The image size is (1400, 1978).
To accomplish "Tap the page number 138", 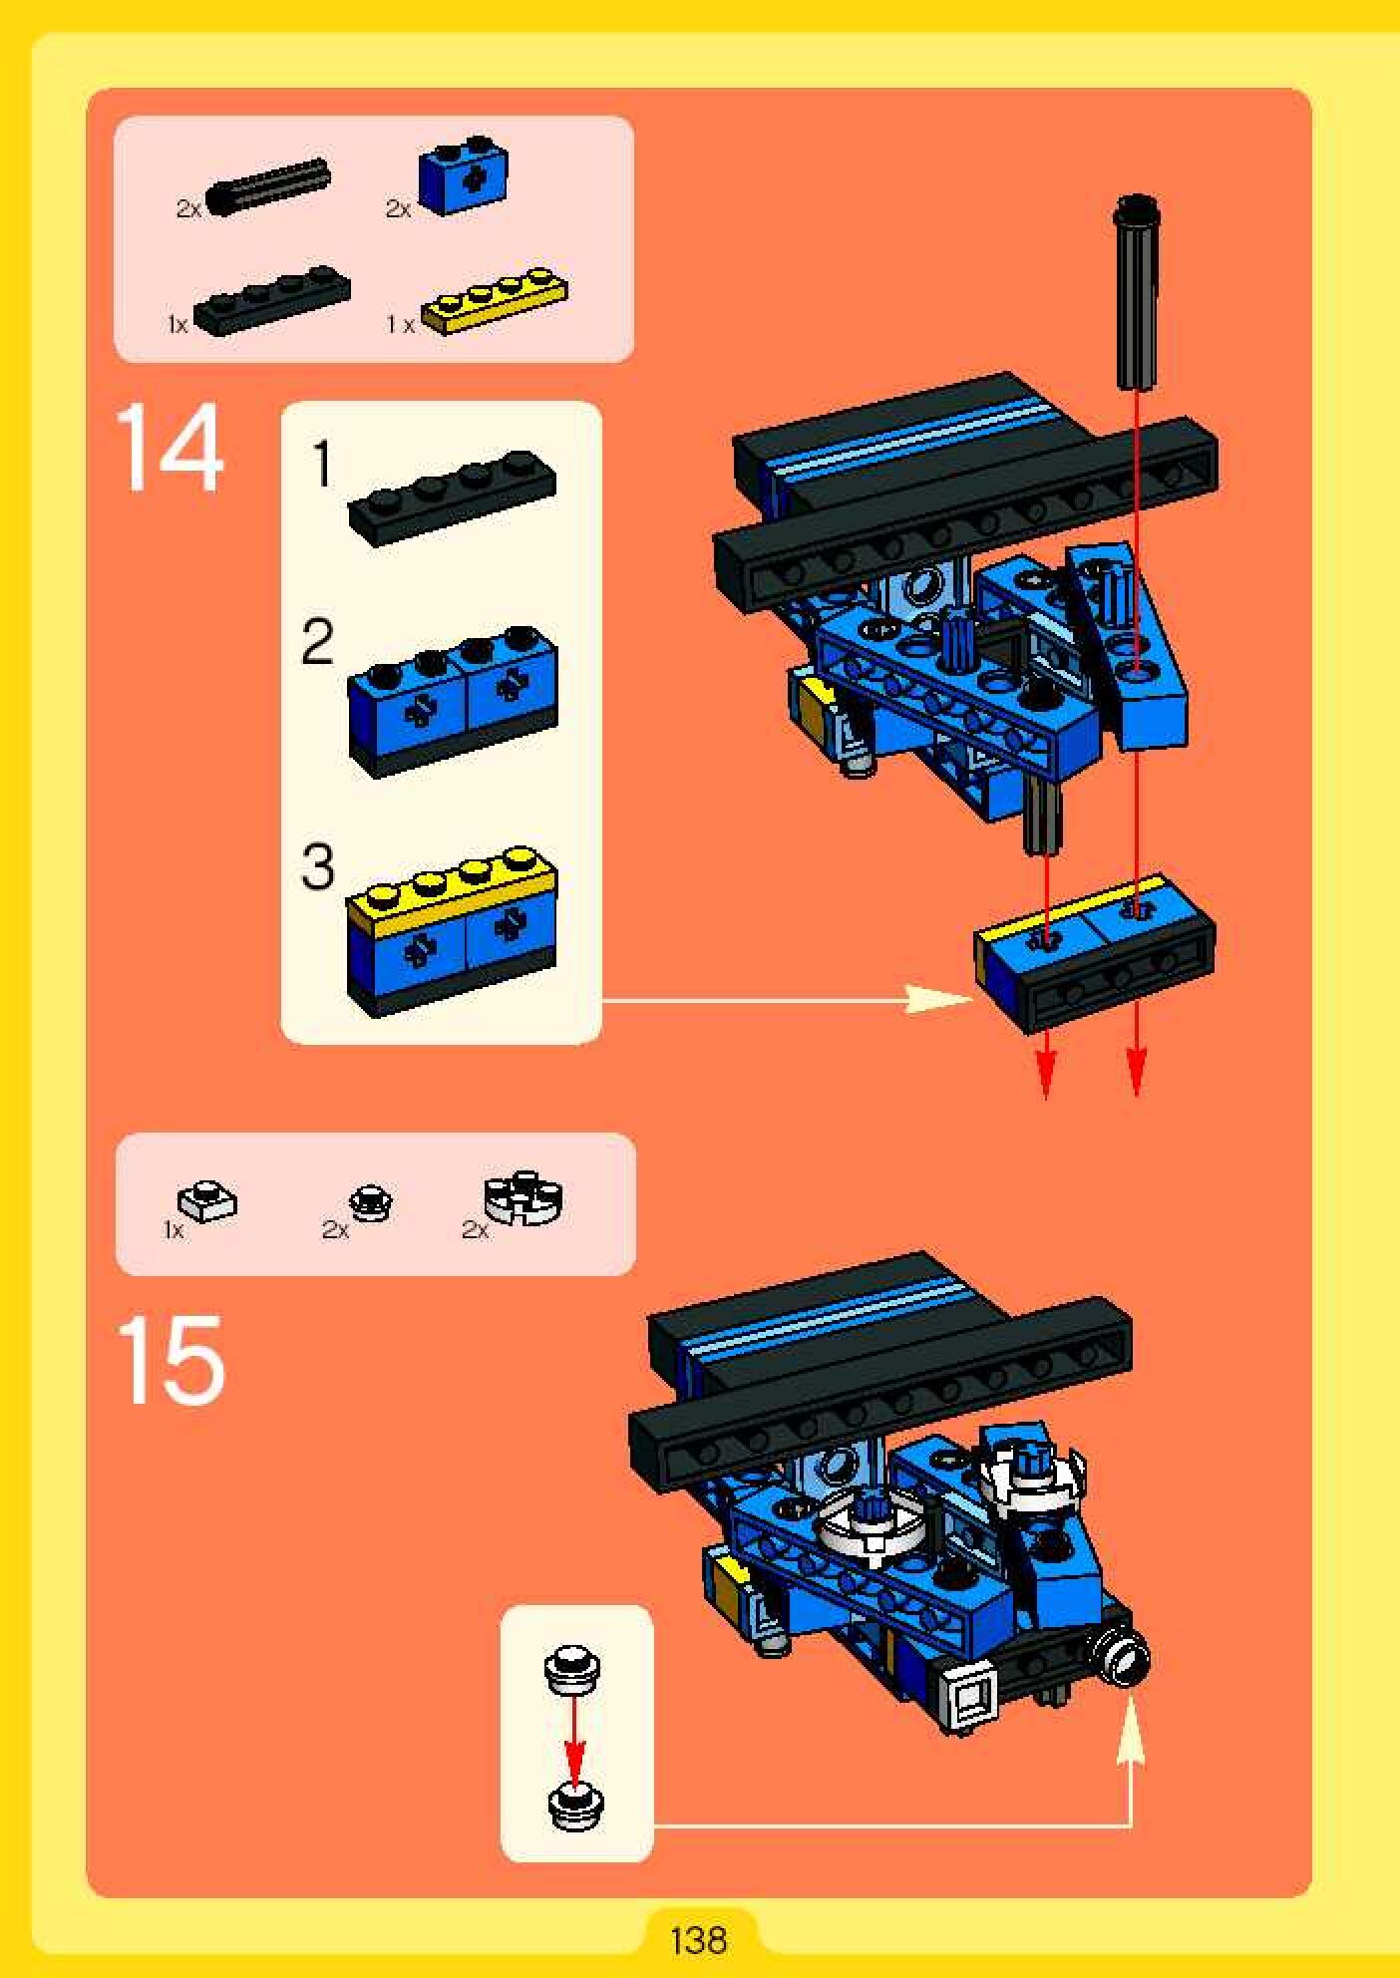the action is click(x=699, y=1940).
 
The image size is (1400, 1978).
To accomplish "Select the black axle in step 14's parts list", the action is click(x=268, y=183).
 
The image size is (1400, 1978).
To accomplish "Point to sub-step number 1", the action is click(x=321, y=465).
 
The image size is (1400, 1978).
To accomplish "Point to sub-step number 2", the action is click(x=317, y=643).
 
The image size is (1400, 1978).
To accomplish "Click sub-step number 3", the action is click(x=317, y=867).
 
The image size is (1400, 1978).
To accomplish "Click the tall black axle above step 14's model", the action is click(x=1138, y=291).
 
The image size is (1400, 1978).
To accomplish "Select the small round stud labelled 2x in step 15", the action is click(x=370, y=1202).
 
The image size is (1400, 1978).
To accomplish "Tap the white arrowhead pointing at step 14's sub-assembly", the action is click(x=938, y=999).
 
